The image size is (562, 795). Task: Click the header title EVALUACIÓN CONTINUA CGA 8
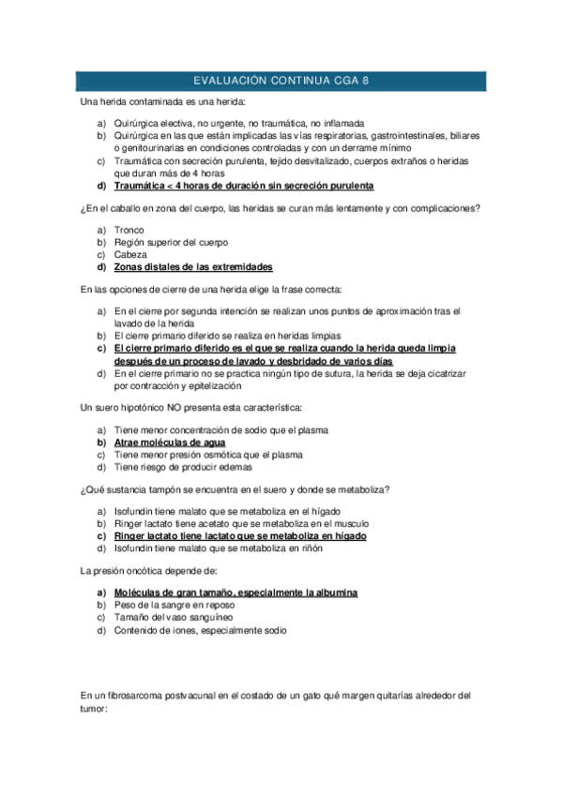tap(281, 81)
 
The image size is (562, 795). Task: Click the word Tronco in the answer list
tap(129, 230)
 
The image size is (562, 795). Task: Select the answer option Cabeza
tap(130, 254)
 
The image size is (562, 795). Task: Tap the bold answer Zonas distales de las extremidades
tap(193, 266)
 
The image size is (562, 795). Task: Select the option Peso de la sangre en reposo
tap(175, 606)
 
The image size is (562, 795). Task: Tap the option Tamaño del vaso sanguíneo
tap(178, 618)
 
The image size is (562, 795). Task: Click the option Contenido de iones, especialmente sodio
tap(201, 630)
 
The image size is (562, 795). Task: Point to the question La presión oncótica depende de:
tap(149, 570)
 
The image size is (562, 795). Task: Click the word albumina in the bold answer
tap(334, 593)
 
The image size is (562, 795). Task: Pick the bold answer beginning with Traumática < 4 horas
tap(243, 186)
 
